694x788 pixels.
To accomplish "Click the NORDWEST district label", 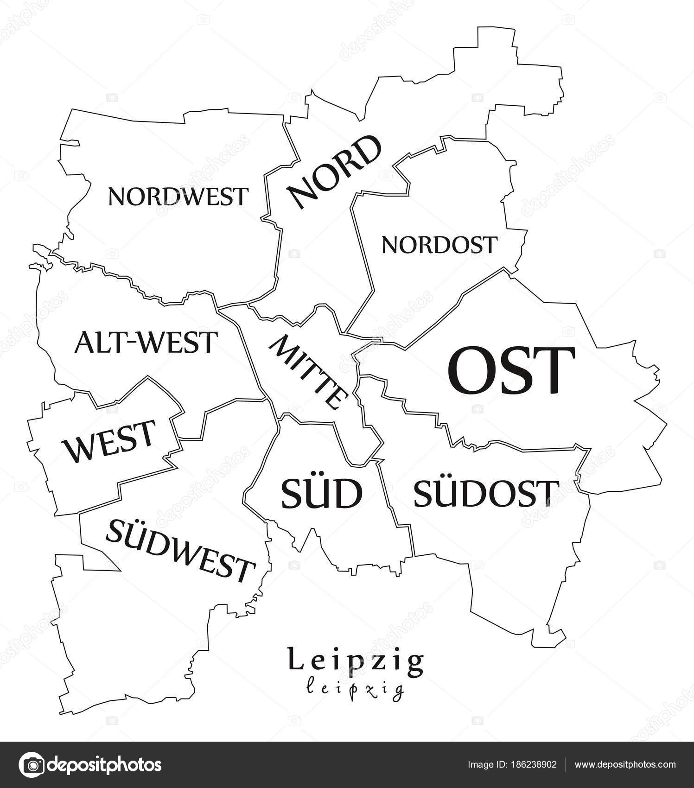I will point(178,197).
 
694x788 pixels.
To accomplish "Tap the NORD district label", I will point(334,172).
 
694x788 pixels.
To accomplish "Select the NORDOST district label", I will point(439,245).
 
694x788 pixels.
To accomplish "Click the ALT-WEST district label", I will point(146,343).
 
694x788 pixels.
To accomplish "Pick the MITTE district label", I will point(308,373).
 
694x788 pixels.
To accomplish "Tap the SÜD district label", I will point(321,494).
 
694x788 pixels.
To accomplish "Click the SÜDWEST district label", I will point(181,550).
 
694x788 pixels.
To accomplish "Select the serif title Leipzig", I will point(356,661).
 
